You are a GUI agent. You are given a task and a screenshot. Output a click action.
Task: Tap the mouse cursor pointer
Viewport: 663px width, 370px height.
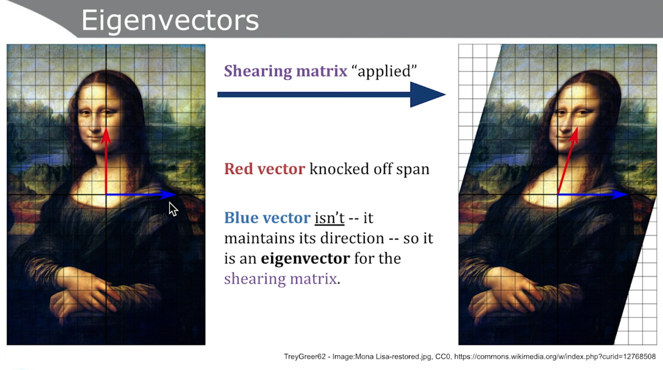173,209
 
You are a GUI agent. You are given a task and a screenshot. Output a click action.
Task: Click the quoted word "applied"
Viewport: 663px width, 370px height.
384,71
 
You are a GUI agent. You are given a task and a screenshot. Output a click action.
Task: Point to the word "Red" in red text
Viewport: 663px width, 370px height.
239,169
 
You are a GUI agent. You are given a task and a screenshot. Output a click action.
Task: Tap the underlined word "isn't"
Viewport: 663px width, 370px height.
329,218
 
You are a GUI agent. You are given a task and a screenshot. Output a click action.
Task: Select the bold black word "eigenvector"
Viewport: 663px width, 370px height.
305,259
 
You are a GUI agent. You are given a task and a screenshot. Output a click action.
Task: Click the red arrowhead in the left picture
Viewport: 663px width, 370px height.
106,136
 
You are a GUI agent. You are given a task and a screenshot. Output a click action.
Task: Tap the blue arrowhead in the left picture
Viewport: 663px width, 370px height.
168,195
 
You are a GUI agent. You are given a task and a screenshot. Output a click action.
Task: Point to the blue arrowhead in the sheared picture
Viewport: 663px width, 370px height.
620,195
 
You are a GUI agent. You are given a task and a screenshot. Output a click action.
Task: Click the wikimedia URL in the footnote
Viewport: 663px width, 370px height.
555,356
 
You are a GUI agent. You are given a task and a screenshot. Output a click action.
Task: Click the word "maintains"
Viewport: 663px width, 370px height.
256,238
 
